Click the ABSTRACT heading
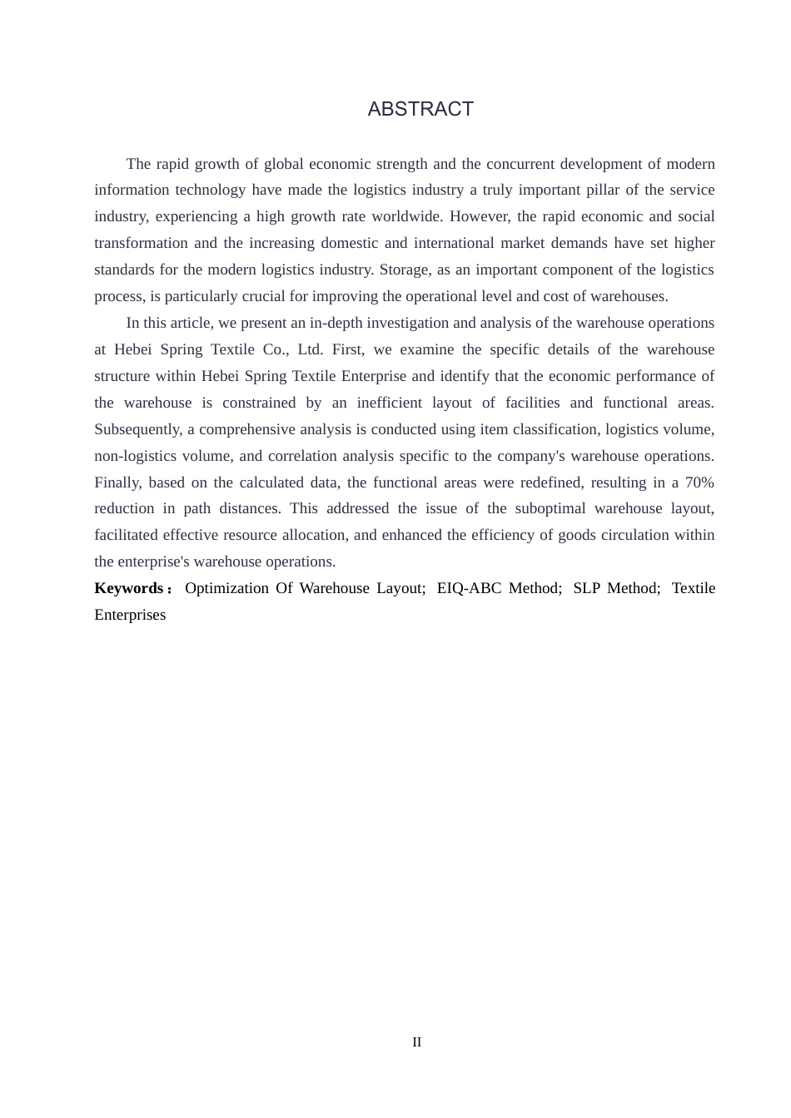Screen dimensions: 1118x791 420,109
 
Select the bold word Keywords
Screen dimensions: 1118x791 129,588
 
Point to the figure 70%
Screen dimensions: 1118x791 699,482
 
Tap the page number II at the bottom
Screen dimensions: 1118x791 417,1042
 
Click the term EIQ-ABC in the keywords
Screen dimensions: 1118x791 469,588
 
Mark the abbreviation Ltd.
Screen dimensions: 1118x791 310,349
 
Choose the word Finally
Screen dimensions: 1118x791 117,482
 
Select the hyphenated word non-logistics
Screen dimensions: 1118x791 135,456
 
